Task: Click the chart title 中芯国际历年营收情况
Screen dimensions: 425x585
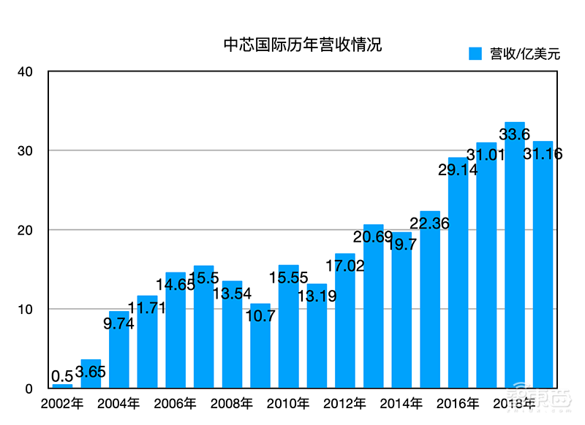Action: coord(302,45)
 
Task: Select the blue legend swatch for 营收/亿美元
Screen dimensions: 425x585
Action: coord(476,54)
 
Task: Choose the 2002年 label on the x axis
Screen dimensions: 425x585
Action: coord(62,403)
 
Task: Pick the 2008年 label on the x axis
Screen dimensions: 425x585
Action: coord(232,403)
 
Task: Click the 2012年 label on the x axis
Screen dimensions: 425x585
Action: coord(345,403)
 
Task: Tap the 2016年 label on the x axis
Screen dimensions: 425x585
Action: coord(458,403)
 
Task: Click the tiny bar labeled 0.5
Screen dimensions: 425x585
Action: coord(62,386)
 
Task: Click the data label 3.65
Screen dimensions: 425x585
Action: coord(91,372)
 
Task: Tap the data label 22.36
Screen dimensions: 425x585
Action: coord(430,223)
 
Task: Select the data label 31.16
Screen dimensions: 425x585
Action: coord(543,154)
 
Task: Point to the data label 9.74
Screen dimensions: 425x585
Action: coord(118,324)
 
